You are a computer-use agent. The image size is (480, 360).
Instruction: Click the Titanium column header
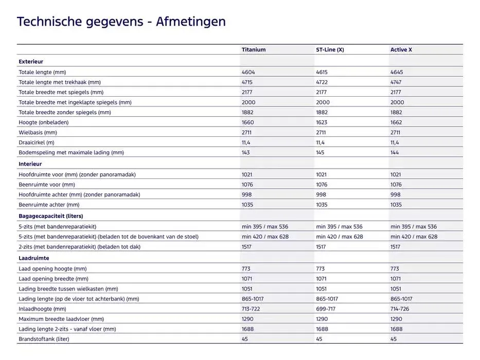(x=254, y=50)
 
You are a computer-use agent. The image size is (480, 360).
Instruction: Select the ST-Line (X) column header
(x=330, y=50)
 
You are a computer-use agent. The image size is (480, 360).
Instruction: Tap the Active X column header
(x=401, y=50)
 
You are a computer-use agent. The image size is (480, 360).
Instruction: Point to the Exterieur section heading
(x=31, y=62)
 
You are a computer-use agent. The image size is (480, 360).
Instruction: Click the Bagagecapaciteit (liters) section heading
(x=51, y=216)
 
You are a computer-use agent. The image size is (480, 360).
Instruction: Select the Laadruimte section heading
(x=34, y=258)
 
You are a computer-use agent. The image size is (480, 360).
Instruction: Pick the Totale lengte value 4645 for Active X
(x=396, y=73)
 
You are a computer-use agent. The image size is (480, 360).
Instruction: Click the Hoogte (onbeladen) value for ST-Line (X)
(x=322, y=122)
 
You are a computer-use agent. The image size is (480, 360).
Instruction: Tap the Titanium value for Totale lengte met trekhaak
(x=248, y=82)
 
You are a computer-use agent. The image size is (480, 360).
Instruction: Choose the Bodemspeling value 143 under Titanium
(x=246, y=153)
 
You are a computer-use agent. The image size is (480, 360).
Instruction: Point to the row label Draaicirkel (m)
(x=37, y=142)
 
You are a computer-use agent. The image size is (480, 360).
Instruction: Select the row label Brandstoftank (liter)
(x=44, y=339)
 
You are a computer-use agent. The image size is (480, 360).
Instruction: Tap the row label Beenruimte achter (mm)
(x=49, y=205)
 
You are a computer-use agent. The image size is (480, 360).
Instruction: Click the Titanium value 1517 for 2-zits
(x=247, y=247)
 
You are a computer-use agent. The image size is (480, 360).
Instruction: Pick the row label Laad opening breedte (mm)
(x=54, y=279)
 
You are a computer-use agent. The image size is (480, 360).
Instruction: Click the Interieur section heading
(x=30, y=164)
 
